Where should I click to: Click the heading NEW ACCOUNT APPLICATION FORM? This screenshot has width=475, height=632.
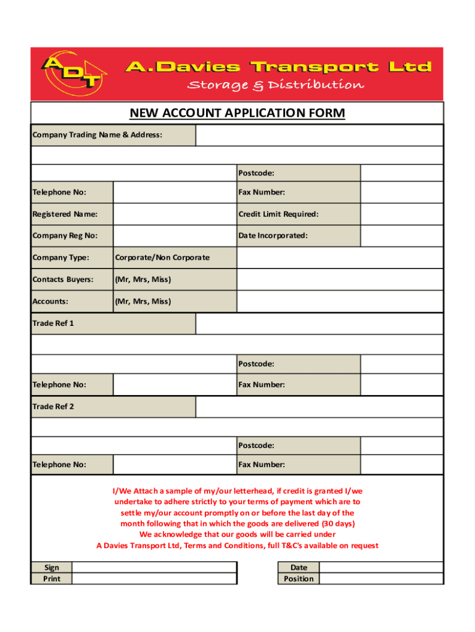[237, 114]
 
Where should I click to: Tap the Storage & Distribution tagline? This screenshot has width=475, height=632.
[275, 85]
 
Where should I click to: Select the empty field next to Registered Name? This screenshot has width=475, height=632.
[175, 214]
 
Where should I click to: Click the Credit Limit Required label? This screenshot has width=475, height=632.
[278, 214]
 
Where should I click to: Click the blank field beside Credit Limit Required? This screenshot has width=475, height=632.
[402, 214]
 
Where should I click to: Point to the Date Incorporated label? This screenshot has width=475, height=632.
[273, 236]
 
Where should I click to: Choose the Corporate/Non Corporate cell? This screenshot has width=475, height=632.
[161, 257]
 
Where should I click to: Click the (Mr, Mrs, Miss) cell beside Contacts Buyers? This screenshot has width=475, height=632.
[142, 280]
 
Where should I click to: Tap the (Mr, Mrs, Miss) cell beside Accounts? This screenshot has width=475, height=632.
[142, 301]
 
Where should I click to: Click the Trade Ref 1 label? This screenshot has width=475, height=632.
[53, 323]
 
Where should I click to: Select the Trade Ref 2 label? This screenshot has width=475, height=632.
[53, 407]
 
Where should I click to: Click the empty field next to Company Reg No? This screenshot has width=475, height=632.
[175, 236]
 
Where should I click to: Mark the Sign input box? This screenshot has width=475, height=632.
[155, 568]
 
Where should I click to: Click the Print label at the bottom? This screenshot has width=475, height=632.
[52, 579]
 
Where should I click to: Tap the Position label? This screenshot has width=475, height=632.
[299, 579]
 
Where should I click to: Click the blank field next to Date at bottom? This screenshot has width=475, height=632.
[381, 568]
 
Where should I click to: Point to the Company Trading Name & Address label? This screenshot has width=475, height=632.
[97, 135]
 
